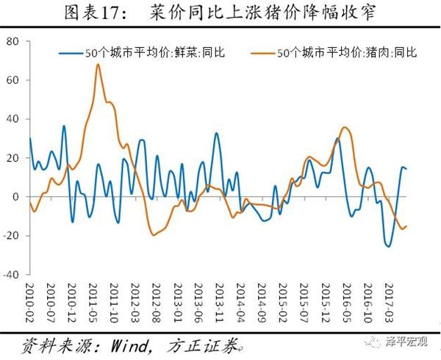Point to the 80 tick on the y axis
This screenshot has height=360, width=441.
pyautogui.click(x=13, y=41)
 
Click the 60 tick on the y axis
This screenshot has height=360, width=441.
pyautogui.click(x=13, y=80)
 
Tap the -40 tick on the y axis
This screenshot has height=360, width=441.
pyautogui.click(x=11, y=275)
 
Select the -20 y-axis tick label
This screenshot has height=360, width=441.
pyautogui.click(x=11, y=236)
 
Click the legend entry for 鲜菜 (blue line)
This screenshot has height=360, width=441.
pyautogui.click(x=151, y=52)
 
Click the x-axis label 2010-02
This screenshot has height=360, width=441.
pyautogui.click(x=30, y=300)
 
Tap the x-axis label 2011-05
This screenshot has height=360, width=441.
pyautogui.click(x=96, y=300)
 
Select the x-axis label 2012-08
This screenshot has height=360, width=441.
pyautogui.click(x=157, y=300)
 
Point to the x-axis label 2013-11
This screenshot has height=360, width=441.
pyautogui.click(x=218, y=300)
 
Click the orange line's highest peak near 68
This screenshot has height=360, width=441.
pyautogui.click(x=98, y=65)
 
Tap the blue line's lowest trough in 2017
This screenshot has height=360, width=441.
pyautogui.click(x=389, y=246)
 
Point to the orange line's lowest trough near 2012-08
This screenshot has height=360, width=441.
pyautogui.click(x=154, y=235)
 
